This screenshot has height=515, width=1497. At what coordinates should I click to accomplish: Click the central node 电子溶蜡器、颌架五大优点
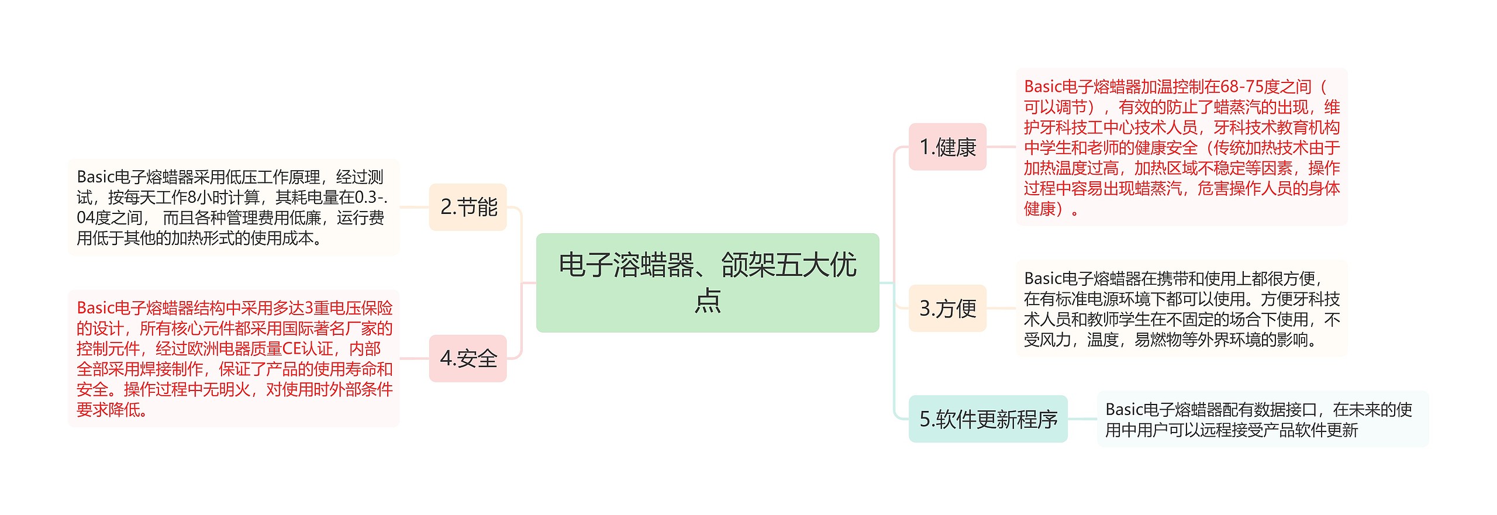tap(707, 282)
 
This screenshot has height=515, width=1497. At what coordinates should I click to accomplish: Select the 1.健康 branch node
tap(947, 147)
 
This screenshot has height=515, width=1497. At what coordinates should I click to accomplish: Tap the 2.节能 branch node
tap(468, 207)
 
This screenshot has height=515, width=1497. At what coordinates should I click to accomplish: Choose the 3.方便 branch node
tap(947, 308)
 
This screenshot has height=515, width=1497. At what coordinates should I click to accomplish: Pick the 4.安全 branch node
tap(468, 358)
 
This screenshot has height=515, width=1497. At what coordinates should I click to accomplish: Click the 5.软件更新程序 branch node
tap(988, 419)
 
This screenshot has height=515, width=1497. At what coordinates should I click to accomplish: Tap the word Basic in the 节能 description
tap(95, 177)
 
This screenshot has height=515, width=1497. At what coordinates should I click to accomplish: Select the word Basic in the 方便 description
tap(1042, 279)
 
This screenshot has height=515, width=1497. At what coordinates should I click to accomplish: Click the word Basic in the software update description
tap(1123, 410)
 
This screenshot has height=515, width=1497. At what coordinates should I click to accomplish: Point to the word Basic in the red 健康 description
tap(1042, 87)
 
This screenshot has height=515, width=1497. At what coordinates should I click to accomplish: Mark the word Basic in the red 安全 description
tap(95, 308)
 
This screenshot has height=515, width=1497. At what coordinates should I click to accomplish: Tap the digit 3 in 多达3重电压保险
tap(309, 308)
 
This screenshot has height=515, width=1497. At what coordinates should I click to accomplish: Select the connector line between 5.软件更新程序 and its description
tap(1082, 419)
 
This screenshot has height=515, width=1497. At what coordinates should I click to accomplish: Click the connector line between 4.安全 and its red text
tap(415, 358)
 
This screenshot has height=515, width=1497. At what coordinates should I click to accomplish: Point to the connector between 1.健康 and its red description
tap(1001, 147)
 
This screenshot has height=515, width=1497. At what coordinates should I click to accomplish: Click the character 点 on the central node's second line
tap(708, 300)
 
